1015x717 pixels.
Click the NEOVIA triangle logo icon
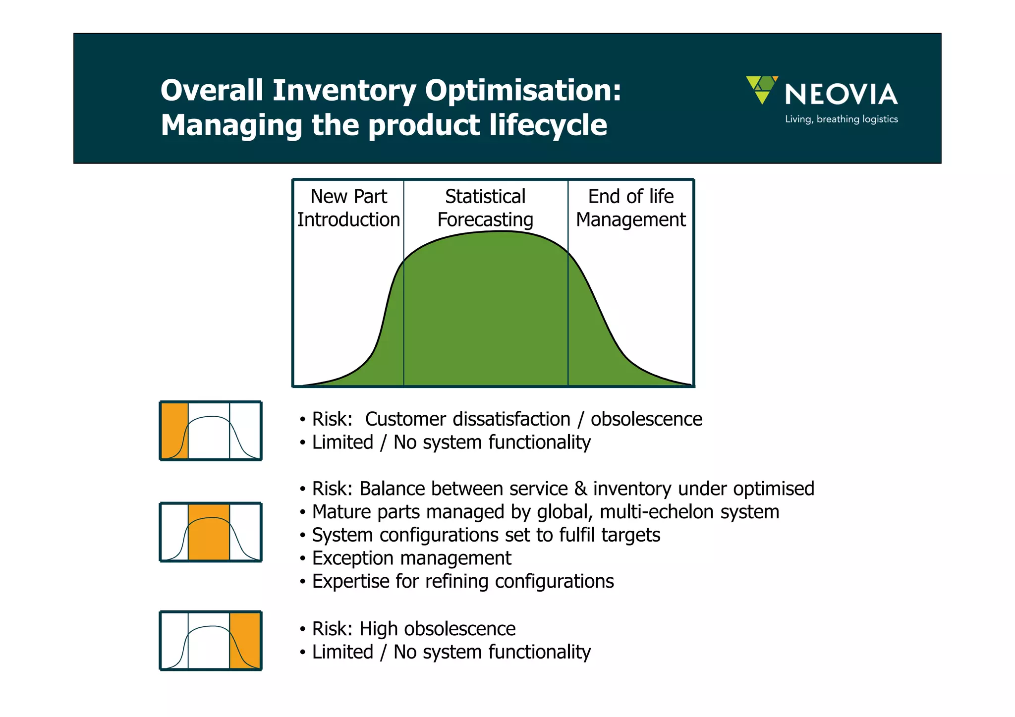pyautogui.click(x=762, y=89)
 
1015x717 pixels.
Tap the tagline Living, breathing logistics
pyautogui.click(x=841, y=119)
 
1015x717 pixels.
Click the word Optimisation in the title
pyautogui.click(x=523, y=91)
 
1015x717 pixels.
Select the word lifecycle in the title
pyautogui.click(x=548, y=125)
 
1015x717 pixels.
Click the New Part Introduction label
pyautogui.click(x=348, y=208)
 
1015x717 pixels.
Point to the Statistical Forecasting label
pyautogui.click(x=485, y=208)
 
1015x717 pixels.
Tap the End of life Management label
pyautogui.click(x=630, y=208)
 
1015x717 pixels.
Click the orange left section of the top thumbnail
pyautogui.click(x=174, y=431)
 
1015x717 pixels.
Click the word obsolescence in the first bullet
pyautogui.click(x=646, y=419)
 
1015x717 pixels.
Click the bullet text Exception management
pyautogui.click(x=411, y=558)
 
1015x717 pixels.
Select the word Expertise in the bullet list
pyautogui.click(x=351, y=582)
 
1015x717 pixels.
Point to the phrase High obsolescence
pyautogui.click(x=437, y=629)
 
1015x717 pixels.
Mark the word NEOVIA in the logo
pyautogui.click(x=841, y=95)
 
